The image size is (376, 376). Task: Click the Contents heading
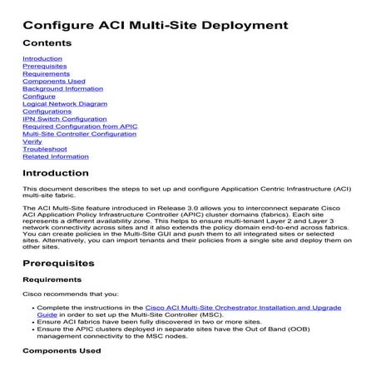point(47,42)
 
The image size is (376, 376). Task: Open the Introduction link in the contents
point(42,59)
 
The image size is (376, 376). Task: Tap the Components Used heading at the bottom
point(62,351)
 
